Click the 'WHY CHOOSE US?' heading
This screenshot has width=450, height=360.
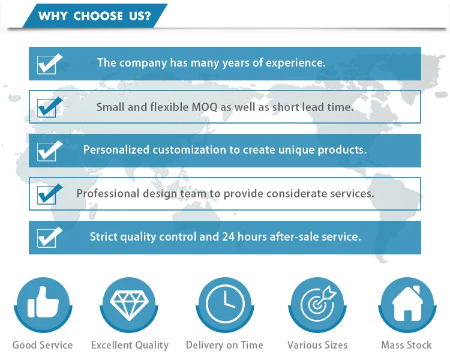click(x=94, y=16)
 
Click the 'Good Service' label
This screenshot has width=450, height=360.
click(x=43, y=345)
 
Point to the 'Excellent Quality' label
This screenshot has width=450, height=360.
click(x=130, y=345)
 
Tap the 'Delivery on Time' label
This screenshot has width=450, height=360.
click(x=224, y=345)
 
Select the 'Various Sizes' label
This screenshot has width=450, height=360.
click(x=317, y=345)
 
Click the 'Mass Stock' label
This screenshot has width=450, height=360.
click(x=406, y=345)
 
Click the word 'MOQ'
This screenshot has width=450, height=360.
click(x=205, y=107)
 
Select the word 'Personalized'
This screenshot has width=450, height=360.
click(x=116, y=149)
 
